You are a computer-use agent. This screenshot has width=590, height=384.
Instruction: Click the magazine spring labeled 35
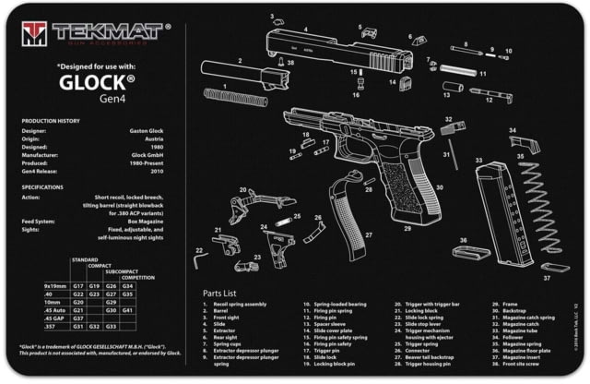(540, 207)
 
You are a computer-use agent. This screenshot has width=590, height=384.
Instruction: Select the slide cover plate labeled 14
(403, 82)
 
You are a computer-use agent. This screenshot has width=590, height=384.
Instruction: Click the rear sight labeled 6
(419, 41)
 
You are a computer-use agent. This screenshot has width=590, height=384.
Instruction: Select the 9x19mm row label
(55, 286)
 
